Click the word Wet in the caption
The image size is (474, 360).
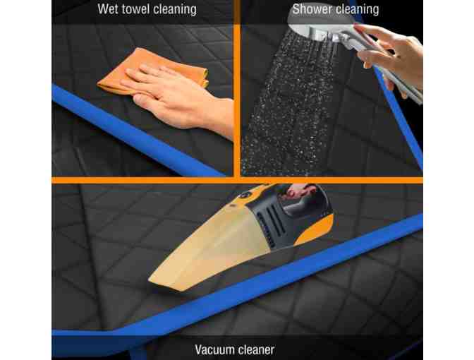[x=107, y=9]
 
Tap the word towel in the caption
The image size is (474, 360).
[x=135, y=9]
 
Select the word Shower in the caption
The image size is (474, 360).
[x=312, y=9]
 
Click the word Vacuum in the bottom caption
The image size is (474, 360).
[x=213, y=349]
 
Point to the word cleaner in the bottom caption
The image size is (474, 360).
[x=255, y=349]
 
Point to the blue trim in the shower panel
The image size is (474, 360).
[x=399, y=118]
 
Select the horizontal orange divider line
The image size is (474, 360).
[x=237, y=180]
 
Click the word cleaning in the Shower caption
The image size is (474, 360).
[x=358, y=9]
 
